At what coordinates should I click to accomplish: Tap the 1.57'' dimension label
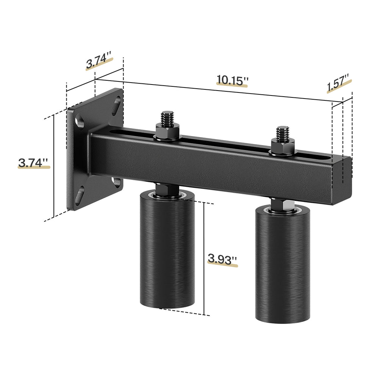338,83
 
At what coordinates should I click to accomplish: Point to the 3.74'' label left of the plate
33,163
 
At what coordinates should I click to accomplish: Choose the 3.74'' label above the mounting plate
99,62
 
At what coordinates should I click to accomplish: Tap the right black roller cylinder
283,265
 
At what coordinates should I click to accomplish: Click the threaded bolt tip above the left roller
167,118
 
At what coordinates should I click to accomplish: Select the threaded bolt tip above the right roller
283,133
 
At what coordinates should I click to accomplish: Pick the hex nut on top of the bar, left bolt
167,132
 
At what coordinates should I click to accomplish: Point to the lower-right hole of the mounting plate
117,182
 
